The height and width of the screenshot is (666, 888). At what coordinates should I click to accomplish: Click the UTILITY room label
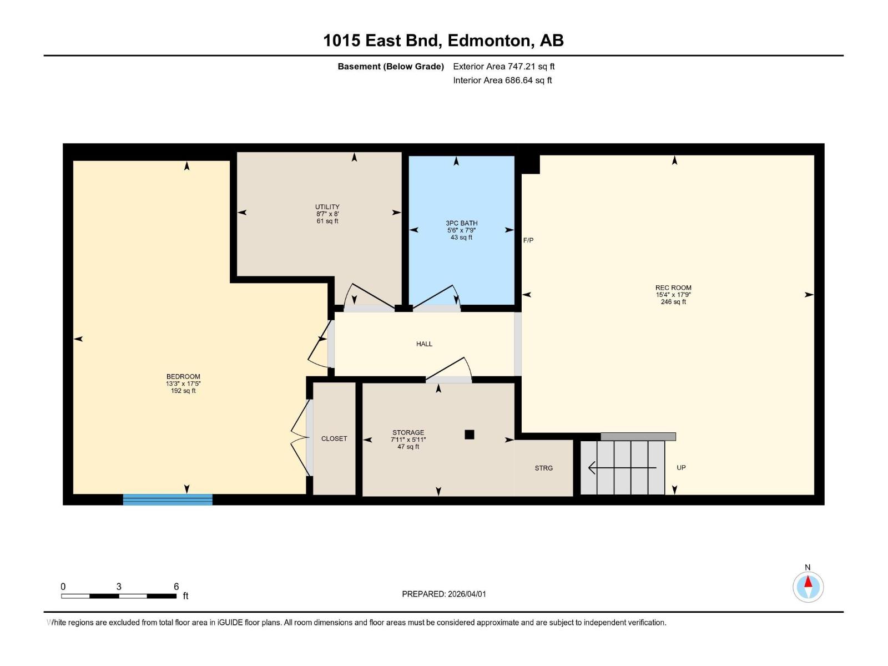point(327,207)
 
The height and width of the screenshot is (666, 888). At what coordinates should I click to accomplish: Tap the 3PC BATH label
point(461,223)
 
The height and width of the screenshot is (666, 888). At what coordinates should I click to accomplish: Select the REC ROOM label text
point(673,288)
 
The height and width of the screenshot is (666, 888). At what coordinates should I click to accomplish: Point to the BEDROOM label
point(183,376)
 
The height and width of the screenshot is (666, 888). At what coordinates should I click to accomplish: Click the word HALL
point(424,344)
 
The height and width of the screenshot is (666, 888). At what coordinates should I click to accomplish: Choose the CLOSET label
point(334,438)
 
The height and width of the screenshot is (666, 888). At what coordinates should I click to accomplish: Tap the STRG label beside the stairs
point(543,468)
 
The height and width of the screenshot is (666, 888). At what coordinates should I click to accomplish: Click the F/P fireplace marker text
point(528,240)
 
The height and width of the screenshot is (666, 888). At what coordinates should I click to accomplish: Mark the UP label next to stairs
point(681,467)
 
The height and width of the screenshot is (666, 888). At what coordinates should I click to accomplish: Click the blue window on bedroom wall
point(168,500)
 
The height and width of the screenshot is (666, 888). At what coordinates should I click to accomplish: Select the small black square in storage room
point(470,435)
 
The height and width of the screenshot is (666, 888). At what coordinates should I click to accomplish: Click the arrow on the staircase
point(622,468)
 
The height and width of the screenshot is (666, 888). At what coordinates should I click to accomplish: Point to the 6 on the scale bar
point(176,587)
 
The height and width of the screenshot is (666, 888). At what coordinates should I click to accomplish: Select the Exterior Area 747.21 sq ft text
point(503,67)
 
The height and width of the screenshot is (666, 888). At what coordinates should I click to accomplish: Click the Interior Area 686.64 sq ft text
point(502,80)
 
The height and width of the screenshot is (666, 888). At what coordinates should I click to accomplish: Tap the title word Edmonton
point(488,41)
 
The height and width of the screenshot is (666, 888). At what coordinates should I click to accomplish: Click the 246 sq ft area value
point(673,302)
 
